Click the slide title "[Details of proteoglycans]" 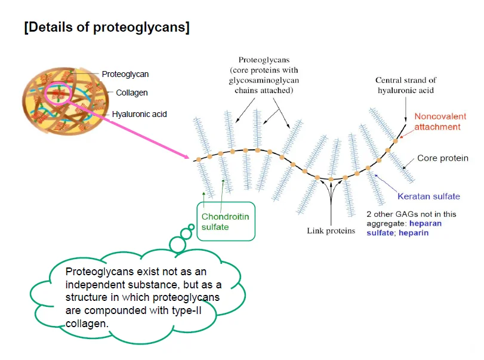click(107, 27)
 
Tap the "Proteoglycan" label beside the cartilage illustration click(125, 74)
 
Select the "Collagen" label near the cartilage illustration click(132, 93)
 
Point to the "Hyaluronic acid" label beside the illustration click(139, 113)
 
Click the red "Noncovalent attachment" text click(437, 122)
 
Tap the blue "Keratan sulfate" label click(428, 196)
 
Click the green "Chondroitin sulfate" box click(224, 221)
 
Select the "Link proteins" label click(331, 230)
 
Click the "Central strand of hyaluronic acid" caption click(405, 85)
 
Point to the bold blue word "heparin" click(415, 233)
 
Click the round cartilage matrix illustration click(65, 97)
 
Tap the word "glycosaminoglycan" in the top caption click(265, 80)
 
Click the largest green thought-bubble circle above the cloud click(178, 244)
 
